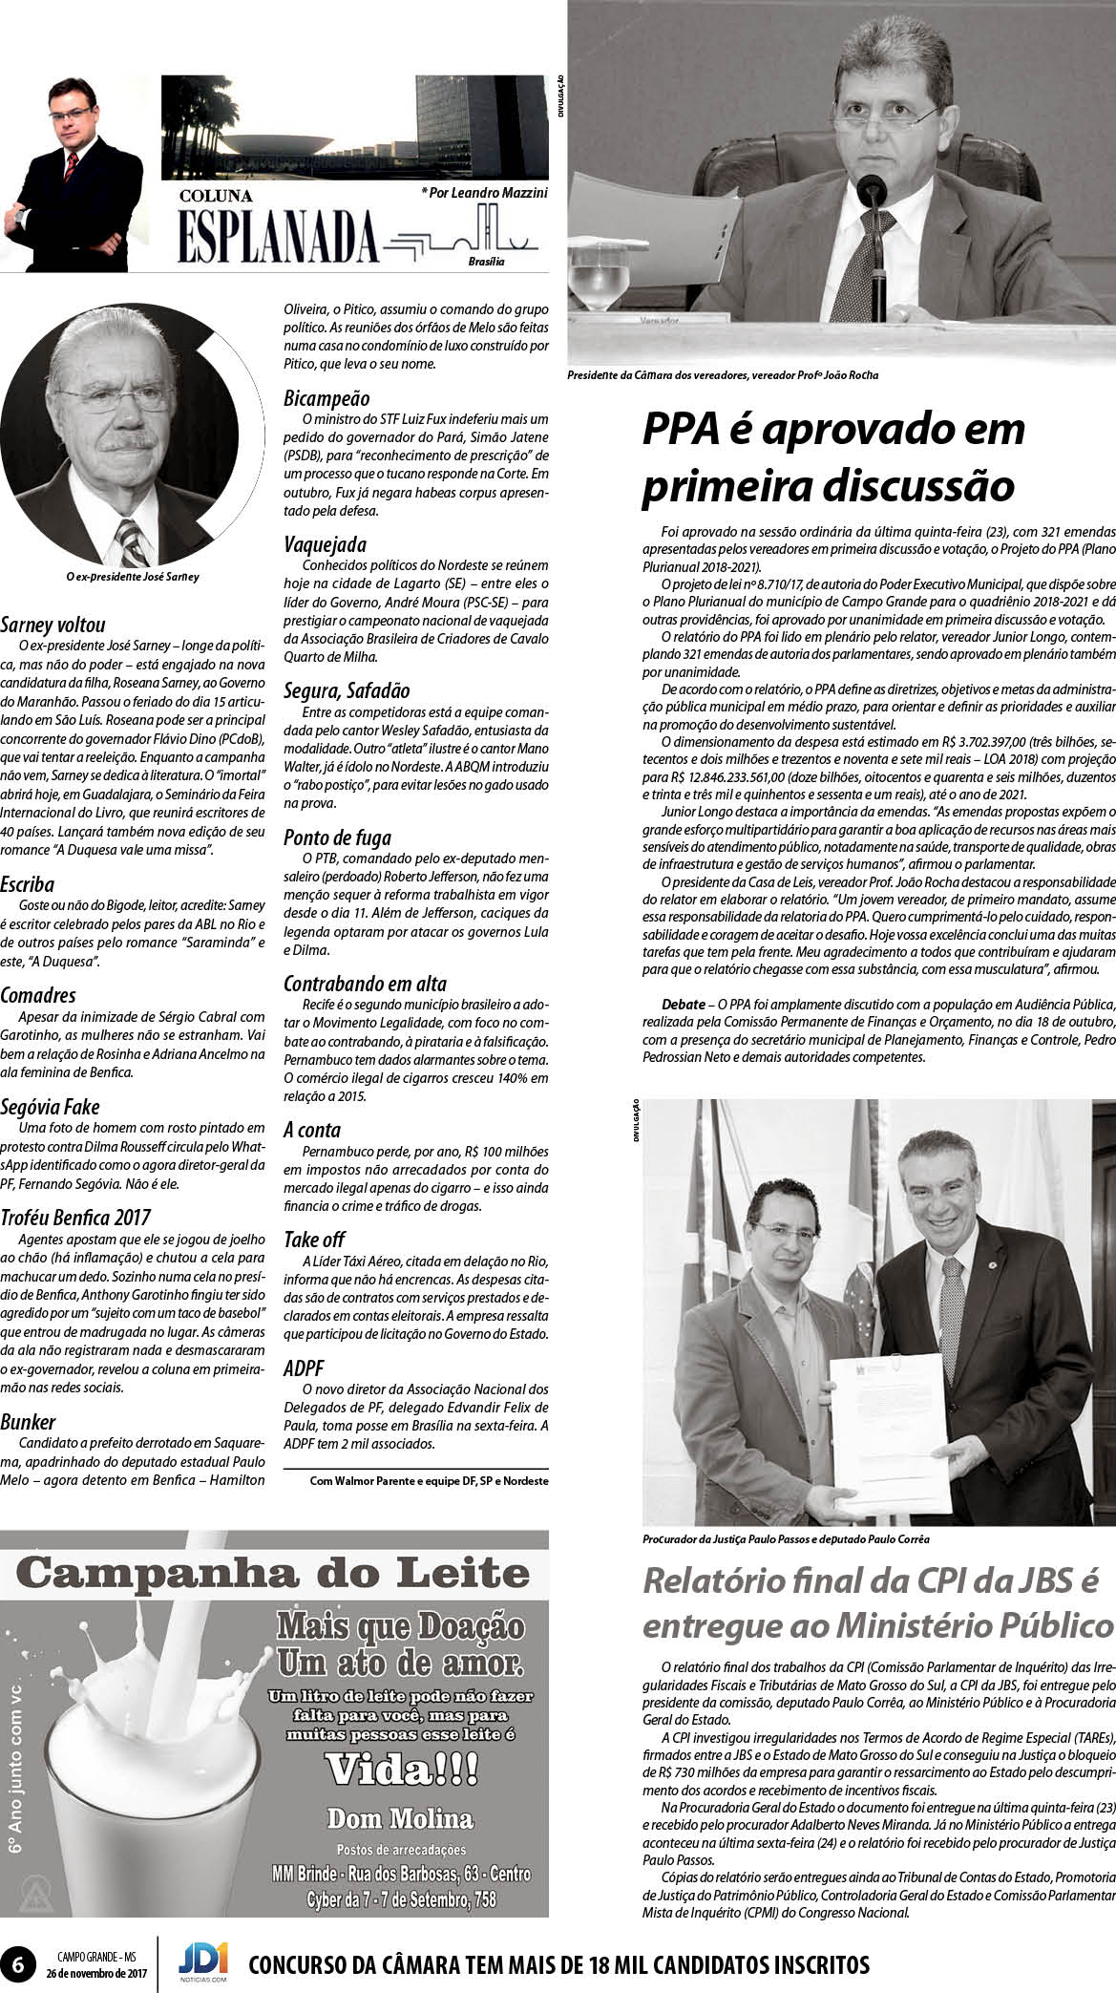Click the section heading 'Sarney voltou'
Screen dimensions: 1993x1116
coord(53,626)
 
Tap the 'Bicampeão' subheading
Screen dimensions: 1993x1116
coord(326,398)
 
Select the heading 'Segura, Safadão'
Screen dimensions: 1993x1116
coord(347,690)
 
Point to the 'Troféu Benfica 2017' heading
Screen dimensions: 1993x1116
coord(76,1218)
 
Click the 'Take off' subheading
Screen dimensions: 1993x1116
coord(314,1240)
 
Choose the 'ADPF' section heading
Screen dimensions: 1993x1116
coord(305,1368)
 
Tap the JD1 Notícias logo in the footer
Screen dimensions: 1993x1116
coord(203,1957)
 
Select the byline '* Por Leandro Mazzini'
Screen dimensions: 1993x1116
coord(484,193)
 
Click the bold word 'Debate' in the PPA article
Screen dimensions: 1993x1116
coord(684,1005)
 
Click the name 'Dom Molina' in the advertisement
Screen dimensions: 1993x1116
coord(400,1817)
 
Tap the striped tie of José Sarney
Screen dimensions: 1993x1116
coord(133,541)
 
